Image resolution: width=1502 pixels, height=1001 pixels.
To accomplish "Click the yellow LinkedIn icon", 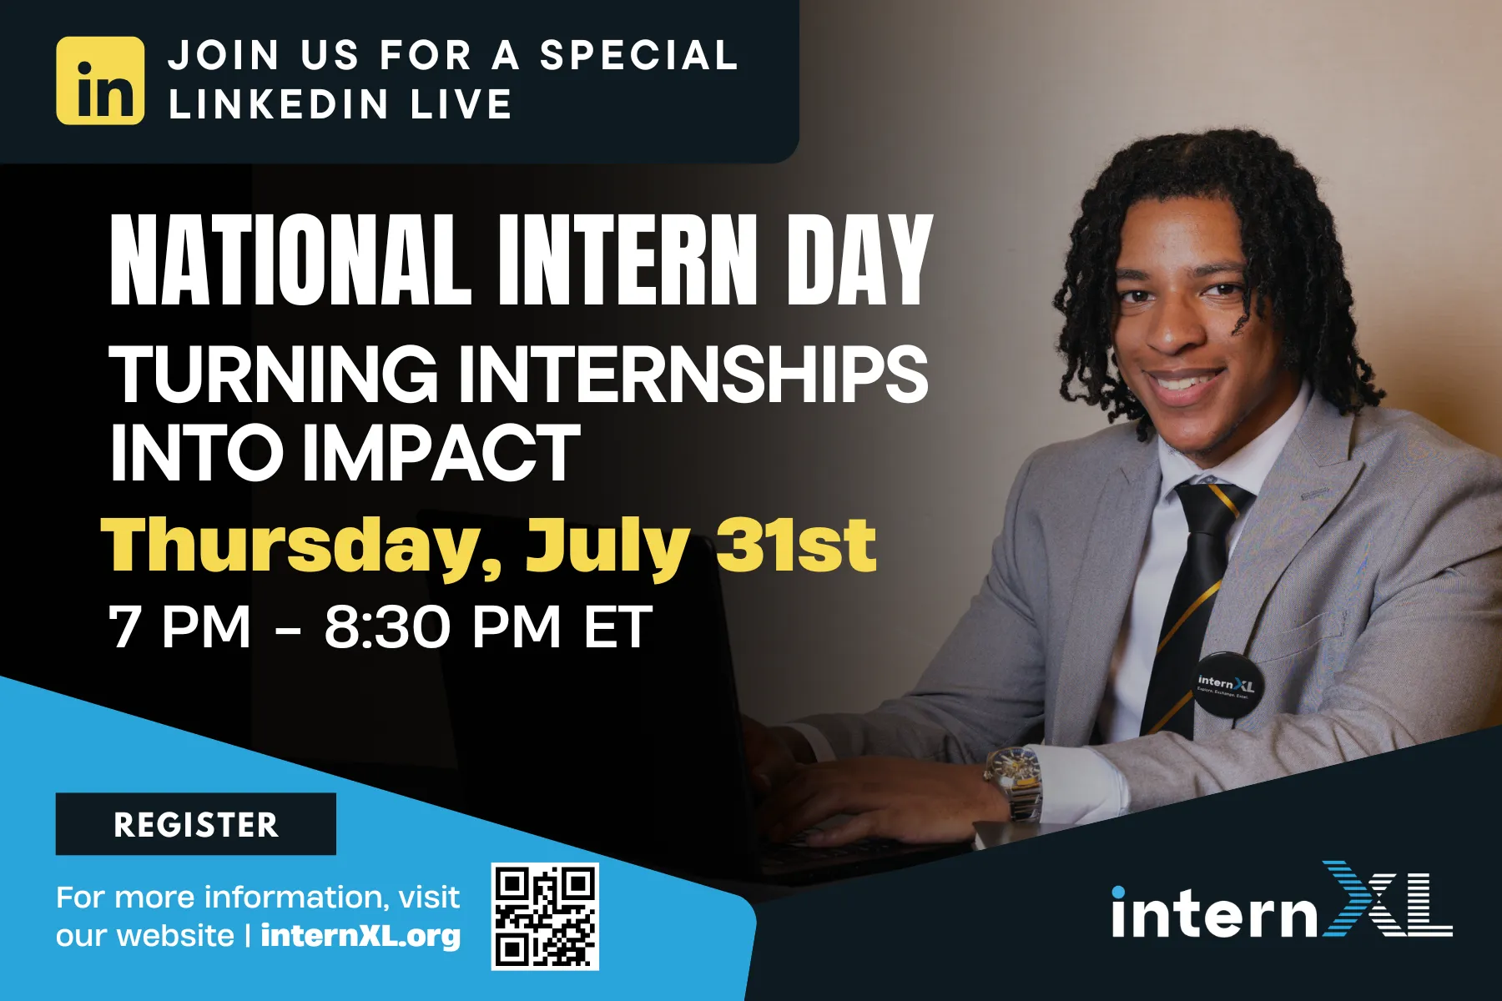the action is pos(100,80).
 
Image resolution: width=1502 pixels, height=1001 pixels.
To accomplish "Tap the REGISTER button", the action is pos(196,824).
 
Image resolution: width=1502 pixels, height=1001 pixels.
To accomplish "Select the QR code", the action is pos(545,917).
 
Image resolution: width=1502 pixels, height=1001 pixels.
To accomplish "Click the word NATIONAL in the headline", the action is pos(290,260).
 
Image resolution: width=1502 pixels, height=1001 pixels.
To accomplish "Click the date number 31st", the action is pos(796,545).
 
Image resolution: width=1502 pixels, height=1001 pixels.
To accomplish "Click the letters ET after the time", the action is pos(617,627).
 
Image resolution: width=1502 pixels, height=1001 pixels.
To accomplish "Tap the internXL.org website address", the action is pos(360,935).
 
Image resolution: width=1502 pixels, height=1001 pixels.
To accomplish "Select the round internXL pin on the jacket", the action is pos(1225,687).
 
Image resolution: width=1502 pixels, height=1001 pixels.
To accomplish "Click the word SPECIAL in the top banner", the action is pos(638,56).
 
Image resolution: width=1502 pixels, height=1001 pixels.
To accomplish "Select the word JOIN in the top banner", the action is pos(224,56).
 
